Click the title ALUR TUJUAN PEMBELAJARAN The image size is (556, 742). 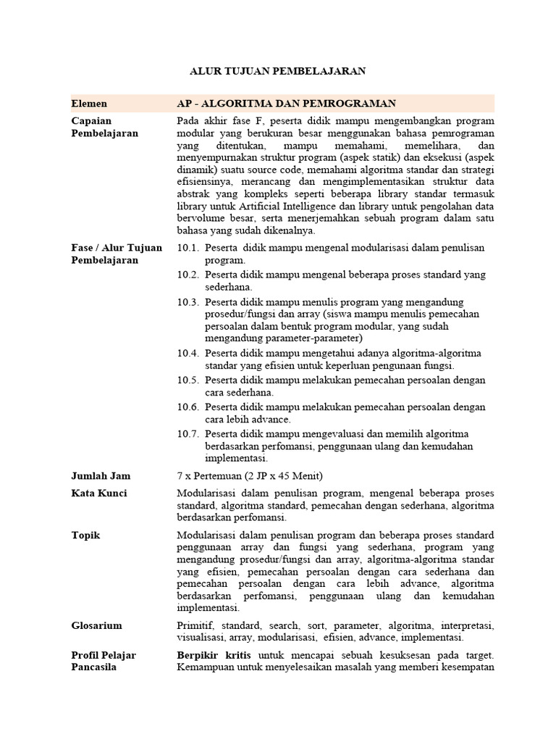pyautogui.click(x=277, y=71)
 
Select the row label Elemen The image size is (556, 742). pyautogui.click(x=89, y=104)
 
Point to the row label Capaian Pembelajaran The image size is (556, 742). pyautogui.click(x=105, y=127)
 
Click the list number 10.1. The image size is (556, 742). pyautogui.click(x=188, y=248)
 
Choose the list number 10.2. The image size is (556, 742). pyautogui.click(x=188, y=275)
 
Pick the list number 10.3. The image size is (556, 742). pyautogui.click(x=188, y=301)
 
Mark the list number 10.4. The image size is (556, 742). pyautogui.click(x=188, y=353)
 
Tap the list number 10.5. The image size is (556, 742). pyautogui.click(x=188, y=380)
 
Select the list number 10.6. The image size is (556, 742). pyautogui.click(x=188, y=407)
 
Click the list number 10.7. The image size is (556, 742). pyautogui.click(x=188, y=433)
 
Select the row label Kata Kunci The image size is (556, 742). pyautogui.click(x=99, y=493)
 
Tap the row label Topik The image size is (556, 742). pyautogui.click(x=86, y=535)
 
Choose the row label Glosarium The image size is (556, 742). pyautogui.click(x=97, y=625)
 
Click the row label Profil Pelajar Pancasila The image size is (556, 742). pyautogui.click(x=104, y=662)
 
